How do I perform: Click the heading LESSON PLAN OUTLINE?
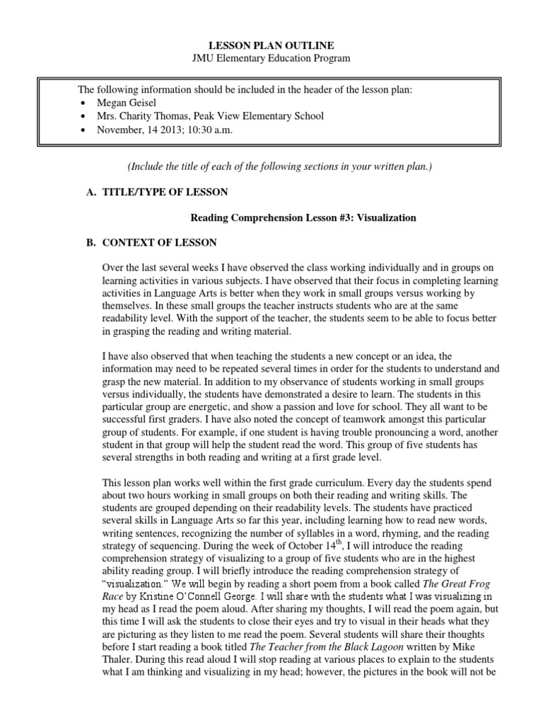[271, 45]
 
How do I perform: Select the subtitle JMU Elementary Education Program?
[271, 58]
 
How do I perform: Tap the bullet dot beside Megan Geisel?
[84, 103]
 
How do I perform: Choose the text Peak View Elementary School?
[252, 116]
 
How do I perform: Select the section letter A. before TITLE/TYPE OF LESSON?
[88, 192]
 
